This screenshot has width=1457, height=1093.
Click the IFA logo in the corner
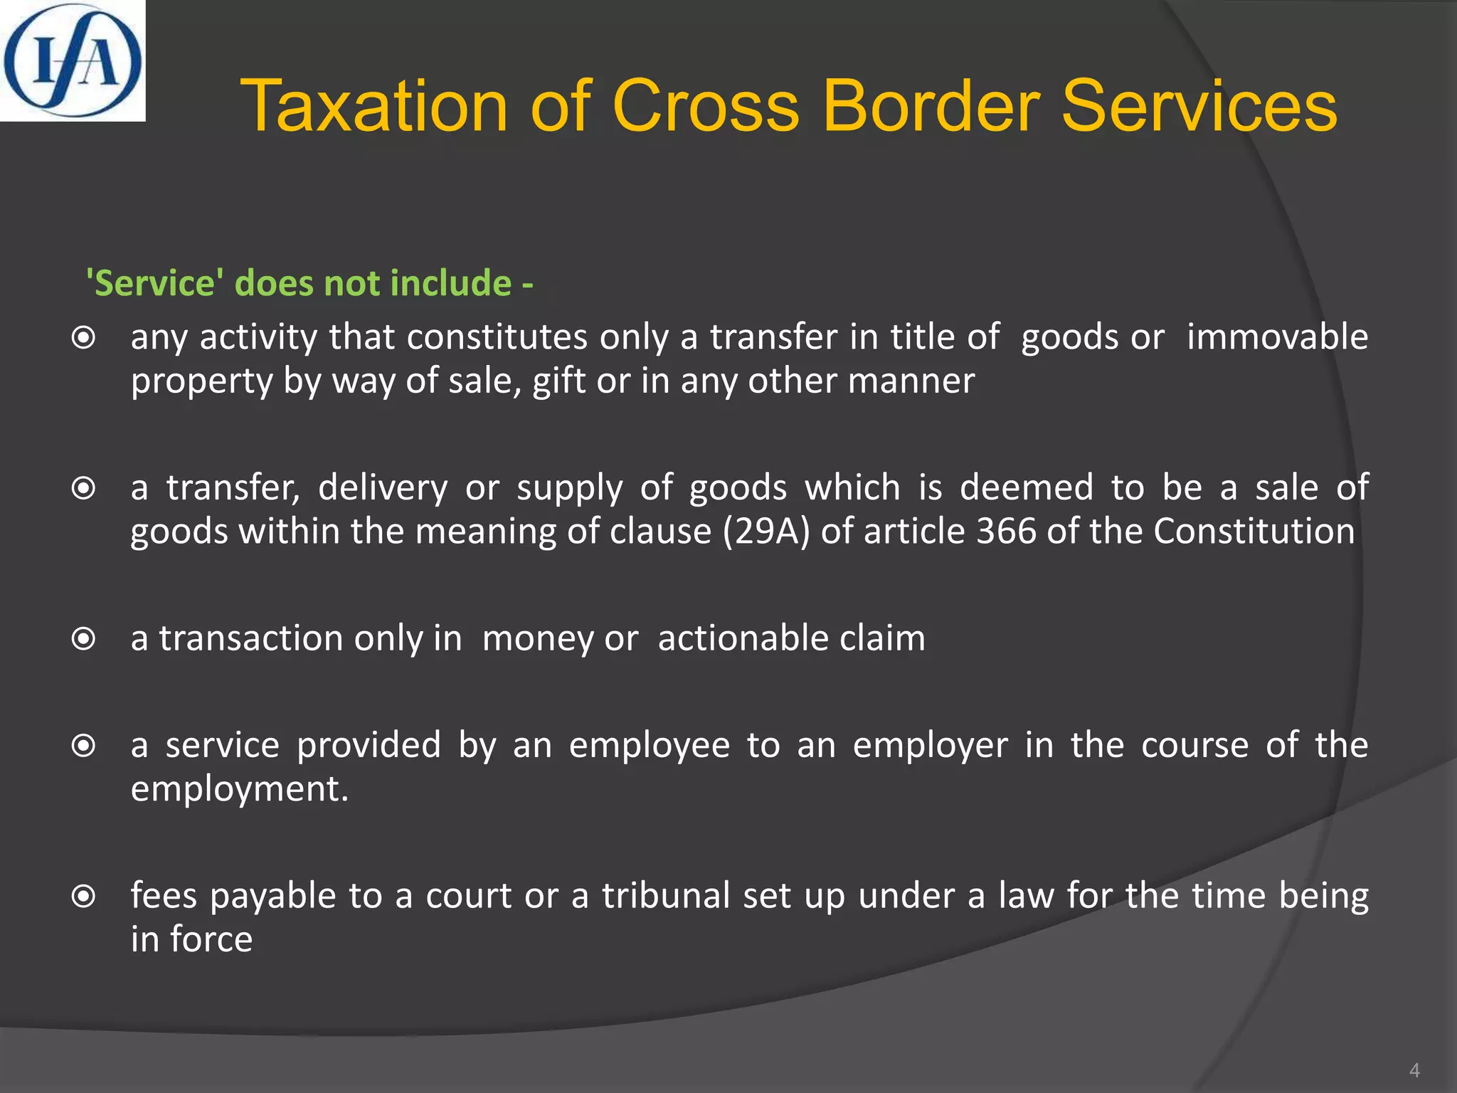73,60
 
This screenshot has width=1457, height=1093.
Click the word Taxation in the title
373,107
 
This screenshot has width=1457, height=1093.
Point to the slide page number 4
1414,1070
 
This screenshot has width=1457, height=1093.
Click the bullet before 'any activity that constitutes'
84,338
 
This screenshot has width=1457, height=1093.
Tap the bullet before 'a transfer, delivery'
84,489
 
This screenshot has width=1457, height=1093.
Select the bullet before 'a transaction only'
84,639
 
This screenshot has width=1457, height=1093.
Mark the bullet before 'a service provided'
84,746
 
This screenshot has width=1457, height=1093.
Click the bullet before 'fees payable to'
84,897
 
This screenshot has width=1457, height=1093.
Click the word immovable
1277,337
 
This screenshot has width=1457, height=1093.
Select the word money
538,639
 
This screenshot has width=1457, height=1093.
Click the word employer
930,746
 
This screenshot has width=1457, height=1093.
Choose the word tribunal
666,896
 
